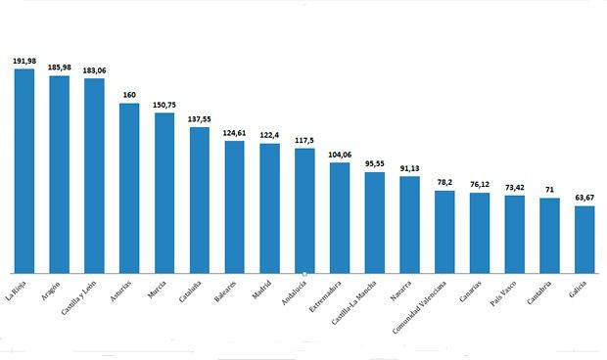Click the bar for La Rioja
coord(24,170)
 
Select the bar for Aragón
coord(60,173)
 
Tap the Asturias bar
coord(129,187)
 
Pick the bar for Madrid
coord(269,207)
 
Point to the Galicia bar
coord(584,239)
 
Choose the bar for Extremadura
coord(340,217)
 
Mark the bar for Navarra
coord(409,224)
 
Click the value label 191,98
coord(24,61)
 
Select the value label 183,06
coord(94,70)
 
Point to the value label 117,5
coord(304,140)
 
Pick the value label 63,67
coord(584,197)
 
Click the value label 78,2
coord(444,182)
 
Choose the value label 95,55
coord(374,163)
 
